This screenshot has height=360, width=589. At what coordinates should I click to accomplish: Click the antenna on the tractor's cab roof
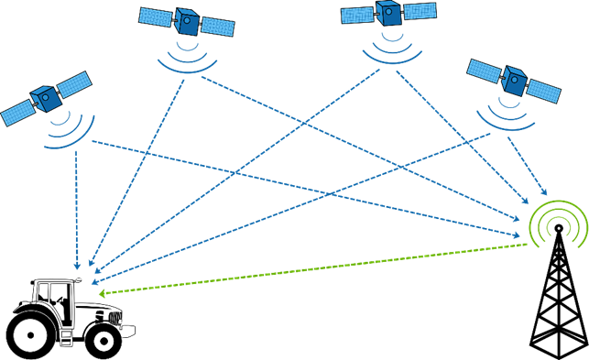(78, 275)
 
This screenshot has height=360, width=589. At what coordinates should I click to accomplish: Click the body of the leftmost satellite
(43, 97)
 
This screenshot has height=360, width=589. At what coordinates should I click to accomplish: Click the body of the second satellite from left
(187, 21)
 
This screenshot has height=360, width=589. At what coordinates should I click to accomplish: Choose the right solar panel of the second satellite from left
(218, 27)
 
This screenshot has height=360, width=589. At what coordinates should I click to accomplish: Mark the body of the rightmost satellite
(513, 82)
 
